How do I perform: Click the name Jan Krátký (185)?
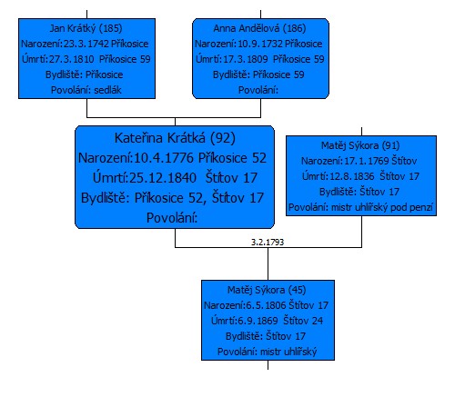point(86,28)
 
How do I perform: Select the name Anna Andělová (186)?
point(259,28)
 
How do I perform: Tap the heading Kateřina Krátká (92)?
point(175,138)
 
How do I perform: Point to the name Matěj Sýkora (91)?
point(360,145)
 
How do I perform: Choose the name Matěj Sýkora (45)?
point(267,290)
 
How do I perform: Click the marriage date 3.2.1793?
point(268,242)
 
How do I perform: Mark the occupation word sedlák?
point(107,90)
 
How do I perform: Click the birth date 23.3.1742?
point(86,44)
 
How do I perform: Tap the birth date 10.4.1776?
point(164,158)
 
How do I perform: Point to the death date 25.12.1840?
point(163,178)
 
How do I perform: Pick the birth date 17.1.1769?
point(367,161)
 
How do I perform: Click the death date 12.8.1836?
point(352,176)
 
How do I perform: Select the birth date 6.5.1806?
point(266,305)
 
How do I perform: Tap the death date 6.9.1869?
point(258,321)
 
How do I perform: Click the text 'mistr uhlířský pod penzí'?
point(382,208)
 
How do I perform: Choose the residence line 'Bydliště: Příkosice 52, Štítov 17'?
point(172,198)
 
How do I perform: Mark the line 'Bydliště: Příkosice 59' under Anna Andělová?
point(258,74)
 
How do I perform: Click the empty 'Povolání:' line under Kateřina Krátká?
point(172,218)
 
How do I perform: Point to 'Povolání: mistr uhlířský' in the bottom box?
point(267,352)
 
